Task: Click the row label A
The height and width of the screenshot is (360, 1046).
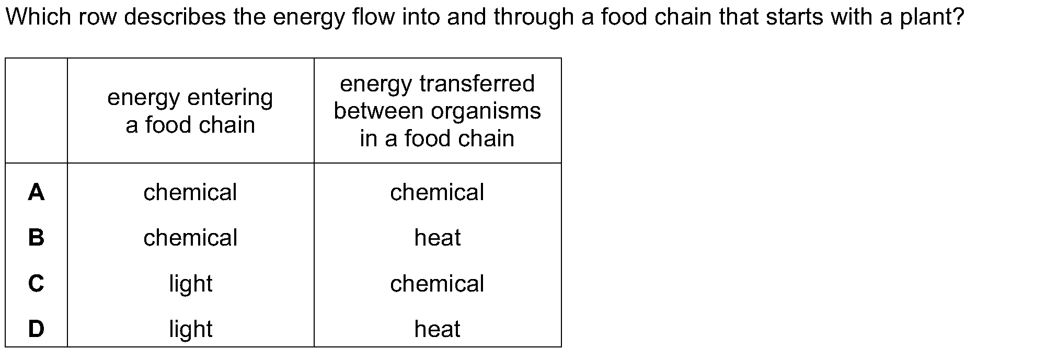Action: [36, 192]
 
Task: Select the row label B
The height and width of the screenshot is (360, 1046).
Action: [36, 238]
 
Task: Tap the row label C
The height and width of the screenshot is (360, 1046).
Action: [36, 283]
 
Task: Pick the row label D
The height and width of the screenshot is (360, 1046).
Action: [36, 329]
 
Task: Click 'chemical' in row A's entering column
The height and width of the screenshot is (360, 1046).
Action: [190, 192]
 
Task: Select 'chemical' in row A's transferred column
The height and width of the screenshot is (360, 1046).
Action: [437, 192]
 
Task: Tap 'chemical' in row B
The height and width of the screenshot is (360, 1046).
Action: [190, 238]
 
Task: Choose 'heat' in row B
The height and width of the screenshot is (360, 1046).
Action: [438, 238]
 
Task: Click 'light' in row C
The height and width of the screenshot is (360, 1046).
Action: [190, 284]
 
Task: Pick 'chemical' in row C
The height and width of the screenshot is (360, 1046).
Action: [437, 283]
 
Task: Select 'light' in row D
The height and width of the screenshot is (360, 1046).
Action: [190, 329]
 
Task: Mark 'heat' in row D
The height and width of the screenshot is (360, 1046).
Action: [438, 329]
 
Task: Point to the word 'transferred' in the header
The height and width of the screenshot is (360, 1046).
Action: [477, 84]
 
